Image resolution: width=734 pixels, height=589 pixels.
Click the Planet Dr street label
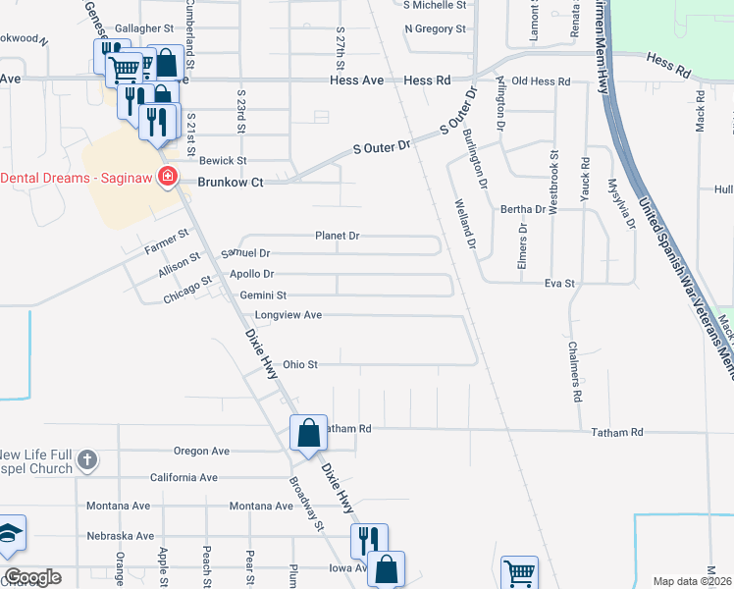(x=337, y=237)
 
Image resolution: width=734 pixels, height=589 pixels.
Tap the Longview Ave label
(x=288, y=315)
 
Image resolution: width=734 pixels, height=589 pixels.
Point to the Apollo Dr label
(x=251, y=275)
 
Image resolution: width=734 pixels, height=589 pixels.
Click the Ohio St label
(x=300, y=365)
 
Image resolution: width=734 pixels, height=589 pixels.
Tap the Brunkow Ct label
(x=231, y=182)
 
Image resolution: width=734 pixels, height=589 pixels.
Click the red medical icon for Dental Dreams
(x=168, y=177)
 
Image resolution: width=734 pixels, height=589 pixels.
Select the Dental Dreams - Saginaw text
(x=78, y=178)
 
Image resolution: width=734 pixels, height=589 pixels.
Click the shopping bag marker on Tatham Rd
(x=308, y=433)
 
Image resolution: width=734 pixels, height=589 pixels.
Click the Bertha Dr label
(x=523, y=210)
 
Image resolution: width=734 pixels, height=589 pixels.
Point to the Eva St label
(x=559, y=284)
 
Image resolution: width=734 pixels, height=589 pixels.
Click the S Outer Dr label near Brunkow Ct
(x=381, y=148)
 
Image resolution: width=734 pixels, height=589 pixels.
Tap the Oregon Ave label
(x=201, y=452)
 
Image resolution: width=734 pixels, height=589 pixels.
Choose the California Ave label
(x=183, y=478)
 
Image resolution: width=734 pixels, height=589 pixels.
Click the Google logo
(x=31, y=577)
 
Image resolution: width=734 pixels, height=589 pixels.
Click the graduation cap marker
(x=10, y=534)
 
